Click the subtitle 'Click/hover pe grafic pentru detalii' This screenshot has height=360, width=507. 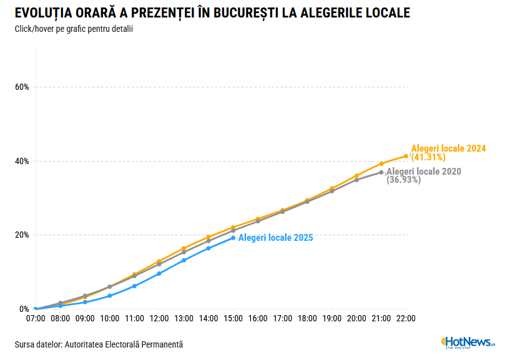pos(74,29)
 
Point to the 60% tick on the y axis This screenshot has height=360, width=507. pos(22,87)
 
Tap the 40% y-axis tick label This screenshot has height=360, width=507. pos(22,161)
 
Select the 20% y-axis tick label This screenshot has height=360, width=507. pos(22,235)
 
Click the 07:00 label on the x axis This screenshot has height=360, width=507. pos(36,319)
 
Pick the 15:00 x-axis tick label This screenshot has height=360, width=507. pos(233,319)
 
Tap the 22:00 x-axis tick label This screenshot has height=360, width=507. pos(406,319)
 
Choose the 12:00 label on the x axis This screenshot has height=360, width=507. pos(159,319)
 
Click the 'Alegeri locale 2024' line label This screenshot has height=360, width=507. pos(448,148)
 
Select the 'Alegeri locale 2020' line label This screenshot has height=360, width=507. pos(423,172)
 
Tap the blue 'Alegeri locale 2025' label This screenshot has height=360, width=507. pos(275,238)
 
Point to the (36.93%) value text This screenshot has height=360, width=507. pos(403,180)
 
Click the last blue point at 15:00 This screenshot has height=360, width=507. pos(234,238)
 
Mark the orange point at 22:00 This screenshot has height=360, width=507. pos(406,156)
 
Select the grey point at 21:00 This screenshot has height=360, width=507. pos(381,172)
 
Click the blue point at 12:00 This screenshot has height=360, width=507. pos(159,273)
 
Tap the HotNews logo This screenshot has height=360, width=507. pos(468,342)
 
